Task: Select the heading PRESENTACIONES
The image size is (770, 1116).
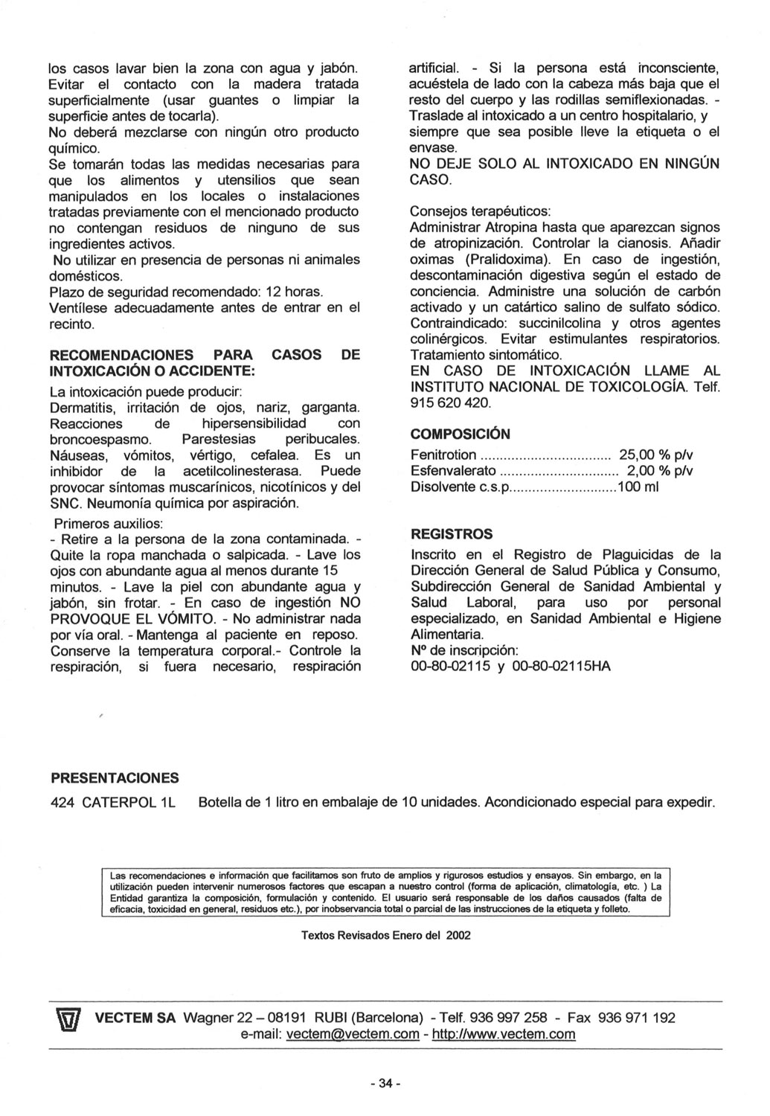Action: (x=115, y=778)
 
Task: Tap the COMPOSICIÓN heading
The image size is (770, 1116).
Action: (x=461, y=434)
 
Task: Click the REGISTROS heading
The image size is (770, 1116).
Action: (x=452, y=534)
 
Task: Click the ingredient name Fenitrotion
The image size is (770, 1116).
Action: (x=443, y=455)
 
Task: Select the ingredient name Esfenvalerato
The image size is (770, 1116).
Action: (x=453, y=471)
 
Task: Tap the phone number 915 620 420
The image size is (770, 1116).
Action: (x=450, y=403)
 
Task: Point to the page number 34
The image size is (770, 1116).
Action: (x=385, y=1083)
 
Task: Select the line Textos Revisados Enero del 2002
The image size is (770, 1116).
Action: (x=385, y=935)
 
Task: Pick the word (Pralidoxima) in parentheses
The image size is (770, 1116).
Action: (x=507, y=260)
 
